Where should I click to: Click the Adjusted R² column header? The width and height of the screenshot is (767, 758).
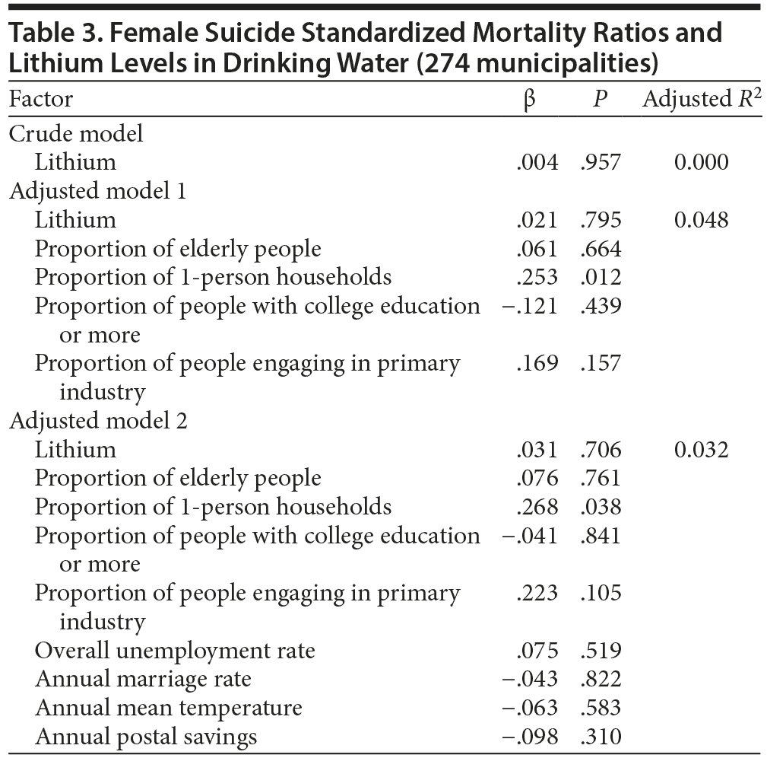(x=702, y=100)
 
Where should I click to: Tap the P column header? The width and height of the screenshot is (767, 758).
(x=601, y=100)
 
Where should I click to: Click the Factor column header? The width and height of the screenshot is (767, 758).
(x=41, y=100)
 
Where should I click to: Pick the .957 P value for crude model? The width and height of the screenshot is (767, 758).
(x=601, y=162)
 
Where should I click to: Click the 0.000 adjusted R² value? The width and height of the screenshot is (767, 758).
(x=701, y=162)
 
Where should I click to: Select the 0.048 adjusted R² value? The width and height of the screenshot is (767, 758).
(x=701, y=220)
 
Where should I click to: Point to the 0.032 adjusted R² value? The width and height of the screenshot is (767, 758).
(x=701, y=450)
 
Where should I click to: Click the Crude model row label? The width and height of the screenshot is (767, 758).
(x=76, y=134)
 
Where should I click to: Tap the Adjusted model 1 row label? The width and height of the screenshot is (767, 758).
(x=98, y=191)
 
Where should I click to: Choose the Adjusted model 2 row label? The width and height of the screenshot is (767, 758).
(x=99, y=421)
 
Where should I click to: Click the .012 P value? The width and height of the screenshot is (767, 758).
(x=601, y=278)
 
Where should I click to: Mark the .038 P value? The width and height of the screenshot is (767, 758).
(x=601, y=507)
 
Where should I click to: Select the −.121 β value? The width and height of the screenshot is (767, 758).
(x=530, y=307)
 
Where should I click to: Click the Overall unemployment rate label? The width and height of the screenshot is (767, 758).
(x=175, y=651)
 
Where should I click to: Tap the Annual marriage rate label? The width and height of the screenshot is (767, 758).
(x=143, y=679)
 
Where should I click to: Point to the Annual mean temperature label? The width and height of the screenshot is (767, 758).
(x=169, y=708)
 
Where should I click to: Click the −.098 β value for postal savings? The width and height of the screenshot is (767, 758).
(x=530, y=737)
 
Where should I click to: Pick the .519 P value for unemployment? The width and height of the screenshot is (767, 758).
(x=601, y=651)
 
